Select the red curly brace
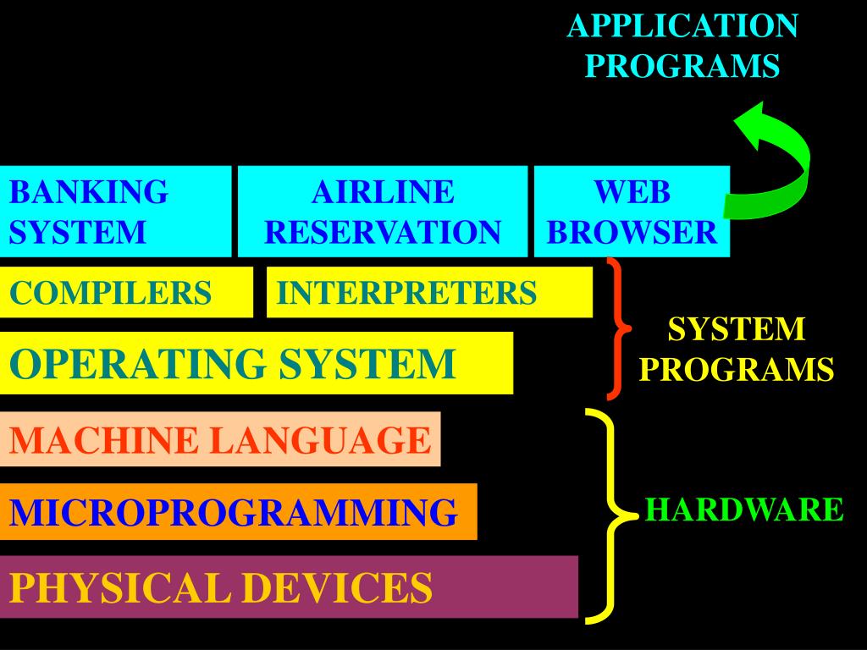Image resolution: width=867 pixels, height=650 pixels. pos(617,328)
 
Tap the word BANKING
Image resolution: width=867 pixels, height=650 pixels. pos(89,192)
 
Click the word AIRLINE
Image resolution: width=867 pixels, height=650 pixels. pos(383,192)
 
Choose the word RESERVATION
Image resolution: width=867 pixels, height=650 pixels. pos(383,231)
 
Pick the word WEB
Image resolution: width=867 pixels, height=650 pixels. pos(632,192)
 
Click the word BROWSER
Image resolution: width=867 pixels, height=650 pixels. pos(632,231)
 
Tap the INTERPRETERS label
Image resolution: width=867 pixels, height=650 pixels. pos(407,293)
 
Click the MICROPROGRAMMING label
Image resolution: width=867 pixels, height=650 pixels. pos(234,512)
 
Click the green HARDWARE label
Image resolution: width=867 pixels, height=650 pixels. pos(744,510)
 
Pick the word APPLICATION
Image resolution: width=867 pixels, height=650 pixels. pos(682,26)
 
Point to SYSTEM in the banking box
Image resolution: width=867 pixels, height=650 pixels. pos(78,231)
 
